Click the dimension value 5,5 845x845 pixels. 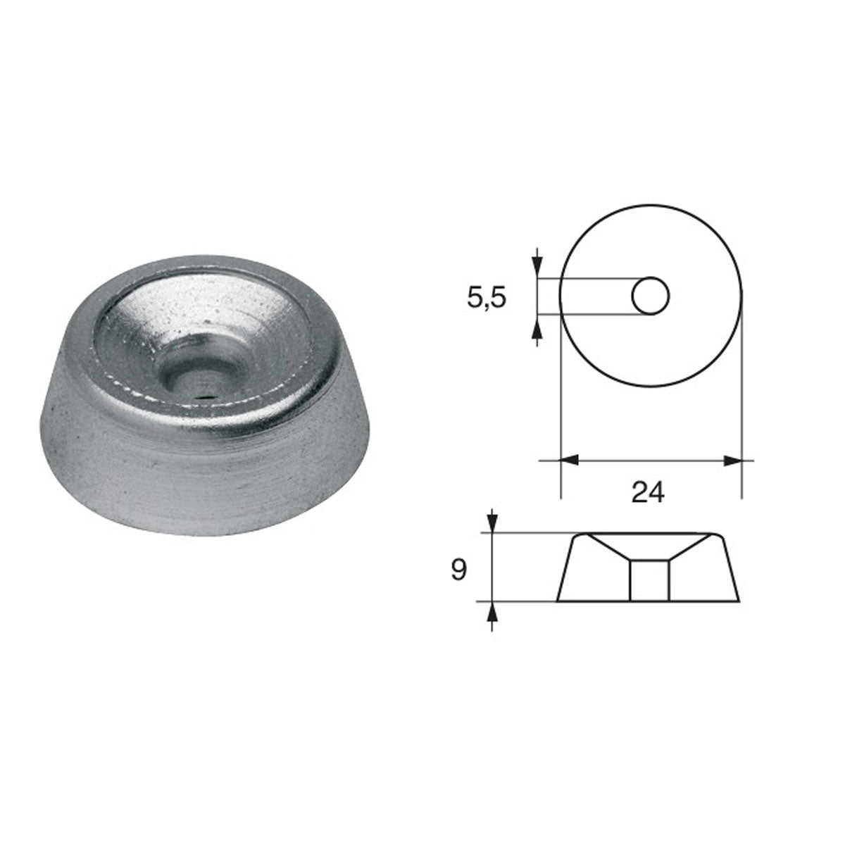487,298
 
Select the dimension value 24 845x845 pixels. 648,492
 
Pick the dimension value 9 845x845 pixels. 458,570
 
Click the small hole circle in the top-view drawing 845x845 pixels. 650,296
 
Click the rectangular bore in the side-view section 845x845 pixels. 649,580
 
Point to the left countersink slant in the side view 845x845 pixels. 608,547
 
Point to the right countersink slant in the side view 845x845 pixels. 689,547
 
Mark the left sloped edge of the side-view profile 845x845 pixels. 565,568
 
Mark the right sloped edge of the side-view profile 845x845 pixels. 732,568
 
